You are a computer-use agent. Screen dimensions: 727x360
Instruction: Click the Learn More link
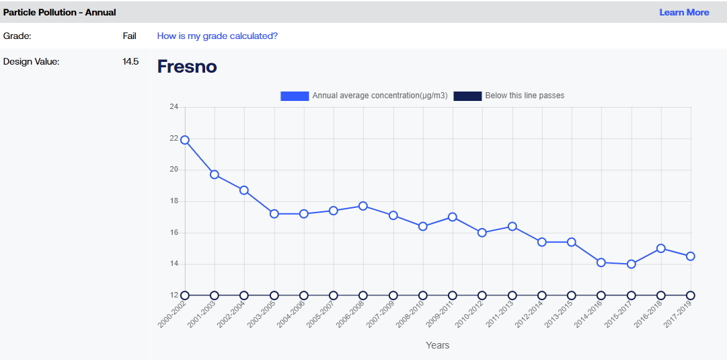(x=684, y=13)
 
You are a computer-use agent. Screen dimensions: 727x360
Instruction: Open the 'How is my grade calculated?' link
(x=217, y=36)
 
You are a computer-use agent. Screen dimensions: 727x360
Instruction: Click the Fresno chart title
(x=187, y=67)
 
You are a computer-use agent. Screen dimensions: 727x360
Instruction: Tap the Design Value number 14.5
(x=130, y=62)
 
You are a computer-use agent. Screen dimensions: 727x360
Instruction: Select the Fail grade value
(x=129, y=36)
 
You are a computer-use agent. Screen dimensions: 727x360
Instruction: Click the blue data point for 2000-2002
(x=185, y=140)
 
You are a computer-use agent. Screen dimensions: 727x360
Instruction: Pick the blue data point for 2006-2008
(x=363, y=206)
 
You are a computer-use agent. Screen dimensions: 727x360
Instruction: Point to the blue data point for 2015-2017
(x=631, y=264)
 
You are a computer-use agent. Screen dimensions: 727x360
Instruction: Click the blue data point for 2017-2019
(x=691, y=256)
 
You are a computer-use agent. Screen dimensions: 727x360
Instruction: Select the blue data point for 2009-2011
(x=453, y=217)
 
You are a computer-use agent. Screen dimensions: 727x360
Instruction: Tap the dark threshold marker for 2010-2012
(x=482, y=295)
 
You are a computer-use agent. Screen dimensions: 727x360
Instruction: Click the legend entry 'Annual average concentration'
(x=364, y=96)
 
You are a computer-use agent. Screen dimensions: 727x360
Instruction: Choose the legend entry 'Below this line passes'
(x=509, y=96)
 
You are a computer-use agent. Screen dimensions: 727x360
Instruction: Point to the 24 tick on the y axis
(x=174, y=107)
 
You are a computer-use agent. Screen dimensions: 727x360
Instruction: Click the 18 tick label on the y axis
(x=174, y=201)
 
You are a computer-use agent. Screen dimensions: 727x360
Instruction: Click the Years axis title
(x=438, y=345)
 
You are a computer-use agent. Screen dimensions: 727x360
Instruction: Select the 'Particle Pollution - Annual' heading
(x=59, y=13)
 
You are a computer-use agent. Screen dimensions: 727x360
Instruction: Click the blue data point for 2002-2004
(x=244, y=190)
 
